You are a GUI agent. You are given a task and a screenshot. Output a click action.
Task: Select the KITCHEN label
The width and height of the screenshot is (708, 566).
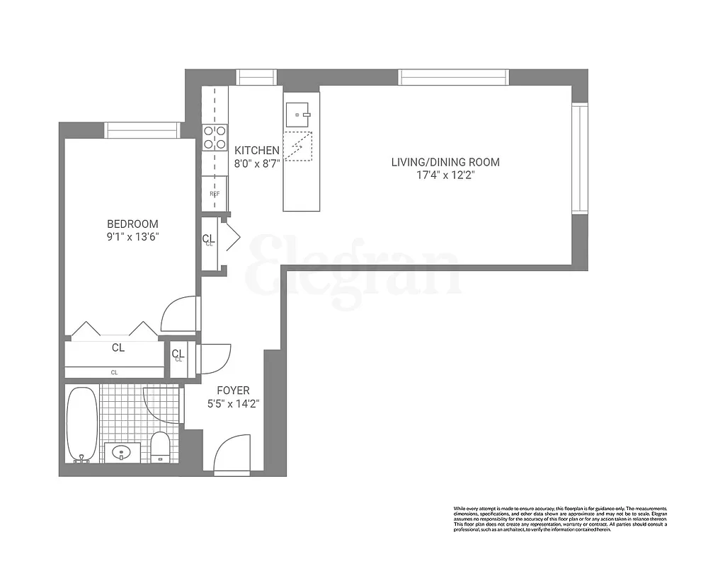pyautogui.click(x=257, y=150)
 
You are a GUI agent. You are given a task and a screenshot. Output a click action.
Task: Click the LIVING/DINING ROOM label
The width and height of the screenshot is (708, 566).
pyautogui.click(x=445, y=162)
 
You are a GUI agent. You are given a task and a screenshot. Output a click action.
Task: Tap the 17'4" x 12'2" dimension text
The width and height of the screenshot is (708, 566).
pyautogui.click(x=445, y=175)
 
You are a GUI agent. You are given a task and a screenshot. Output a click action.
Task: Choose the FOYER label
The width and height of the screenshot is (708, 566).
pyautogui.click(x=233, y=391)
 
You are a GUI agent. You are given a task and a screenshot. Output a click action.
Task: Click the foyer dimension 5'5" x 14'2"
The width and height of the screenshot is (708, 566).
pyautogui.click(x=233, y=404)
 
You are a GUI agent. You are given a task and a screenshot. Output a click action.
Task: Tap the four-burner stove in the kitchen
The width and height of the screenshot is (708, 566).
pyautogui.click(x=214, y=137)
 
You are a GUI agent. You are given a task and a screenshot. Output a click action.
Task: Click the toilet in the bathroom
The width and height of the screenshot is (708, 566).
pyautogui.click(x=161, y=446)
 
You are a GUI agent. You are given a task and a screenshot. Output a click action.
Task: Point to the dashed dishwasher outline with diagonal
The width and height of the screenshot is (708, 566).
pyautogui.click(x=297, y=146)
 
